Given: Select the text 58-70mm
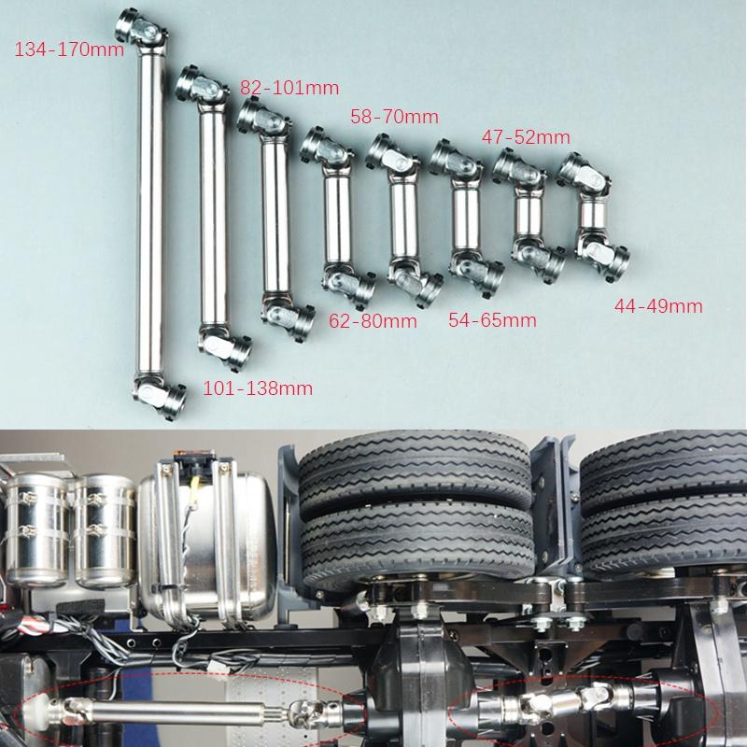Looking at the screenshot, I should [393, 117].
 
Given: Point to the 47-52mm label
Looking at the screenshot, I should [525, 136].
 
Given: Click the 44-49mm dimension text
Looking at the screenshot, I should [657, 305].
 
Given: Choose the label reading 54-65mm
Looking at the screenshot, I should [492, 320].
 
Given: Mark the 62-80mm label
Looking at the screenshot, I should [373, 322].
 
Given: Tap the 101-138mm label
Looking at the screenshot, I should [258, 387].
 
